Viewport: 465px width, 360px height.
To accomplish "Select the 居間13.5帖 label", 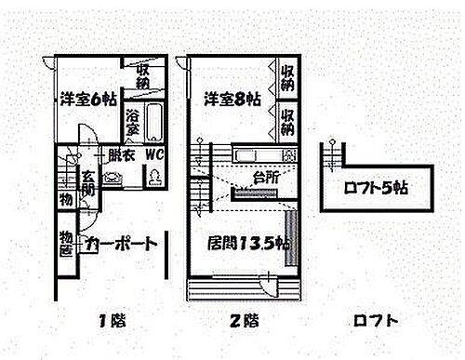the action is [240, 244].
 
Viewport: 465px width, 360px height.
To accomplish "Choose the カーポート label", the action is [120, 244].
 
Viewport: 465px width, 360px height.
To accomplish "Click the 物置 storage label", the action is [67, 243].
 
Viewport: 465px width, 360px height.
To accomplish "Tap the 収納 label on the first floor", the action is [144, 77].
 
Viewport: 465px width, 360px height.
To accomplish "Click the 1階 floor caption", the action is [112, 321].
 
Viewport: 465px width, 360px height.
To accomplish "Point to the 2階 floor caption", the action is [243, 321].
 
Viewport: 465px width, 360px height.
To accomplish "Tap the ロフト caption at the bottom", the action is [376, 321].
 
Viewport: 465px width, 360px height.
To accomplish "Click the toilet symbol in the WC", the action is [153, 177].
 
